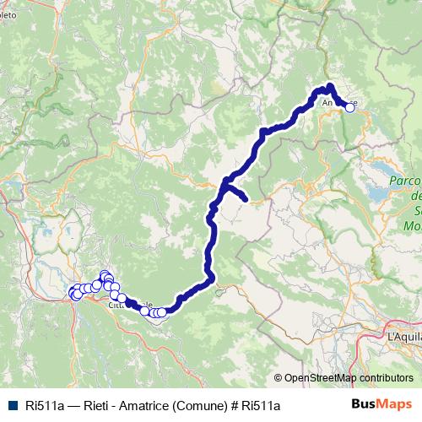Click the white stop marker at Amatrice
[x=350, y=107]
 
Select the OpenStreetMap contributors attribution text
[x=348, y=378]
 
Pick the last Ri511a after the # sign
[x=260, y=405]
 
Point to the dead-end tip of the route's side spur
[x=245, y=199]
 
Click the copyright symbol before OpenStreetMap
[x=279, y=378]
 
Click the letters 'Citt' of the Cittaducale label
[x=116, y=306]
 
